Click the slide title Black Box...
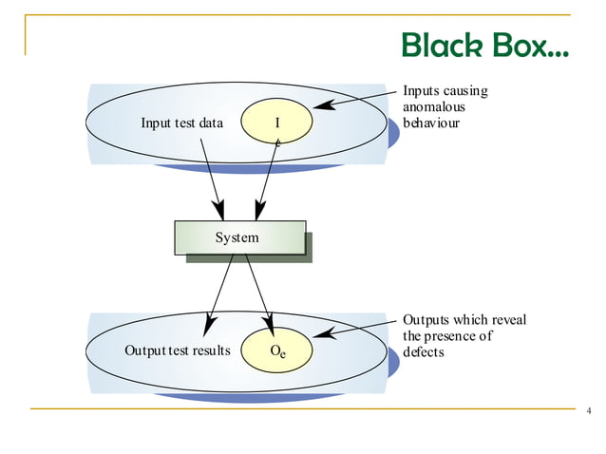click(484, 45)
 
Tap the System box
click(239, 237)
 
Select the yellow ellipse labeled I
click(277, 122)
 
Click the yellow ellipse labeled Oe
click(277, 350)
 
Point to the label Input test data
click(181, 123)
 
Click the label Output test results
click(178, 350)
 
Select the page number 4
click(589, 410)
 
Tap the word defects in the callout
click(424, 351)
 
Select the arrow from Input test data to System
click(212, 176)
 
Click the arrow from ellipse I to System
click(266, 176)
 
